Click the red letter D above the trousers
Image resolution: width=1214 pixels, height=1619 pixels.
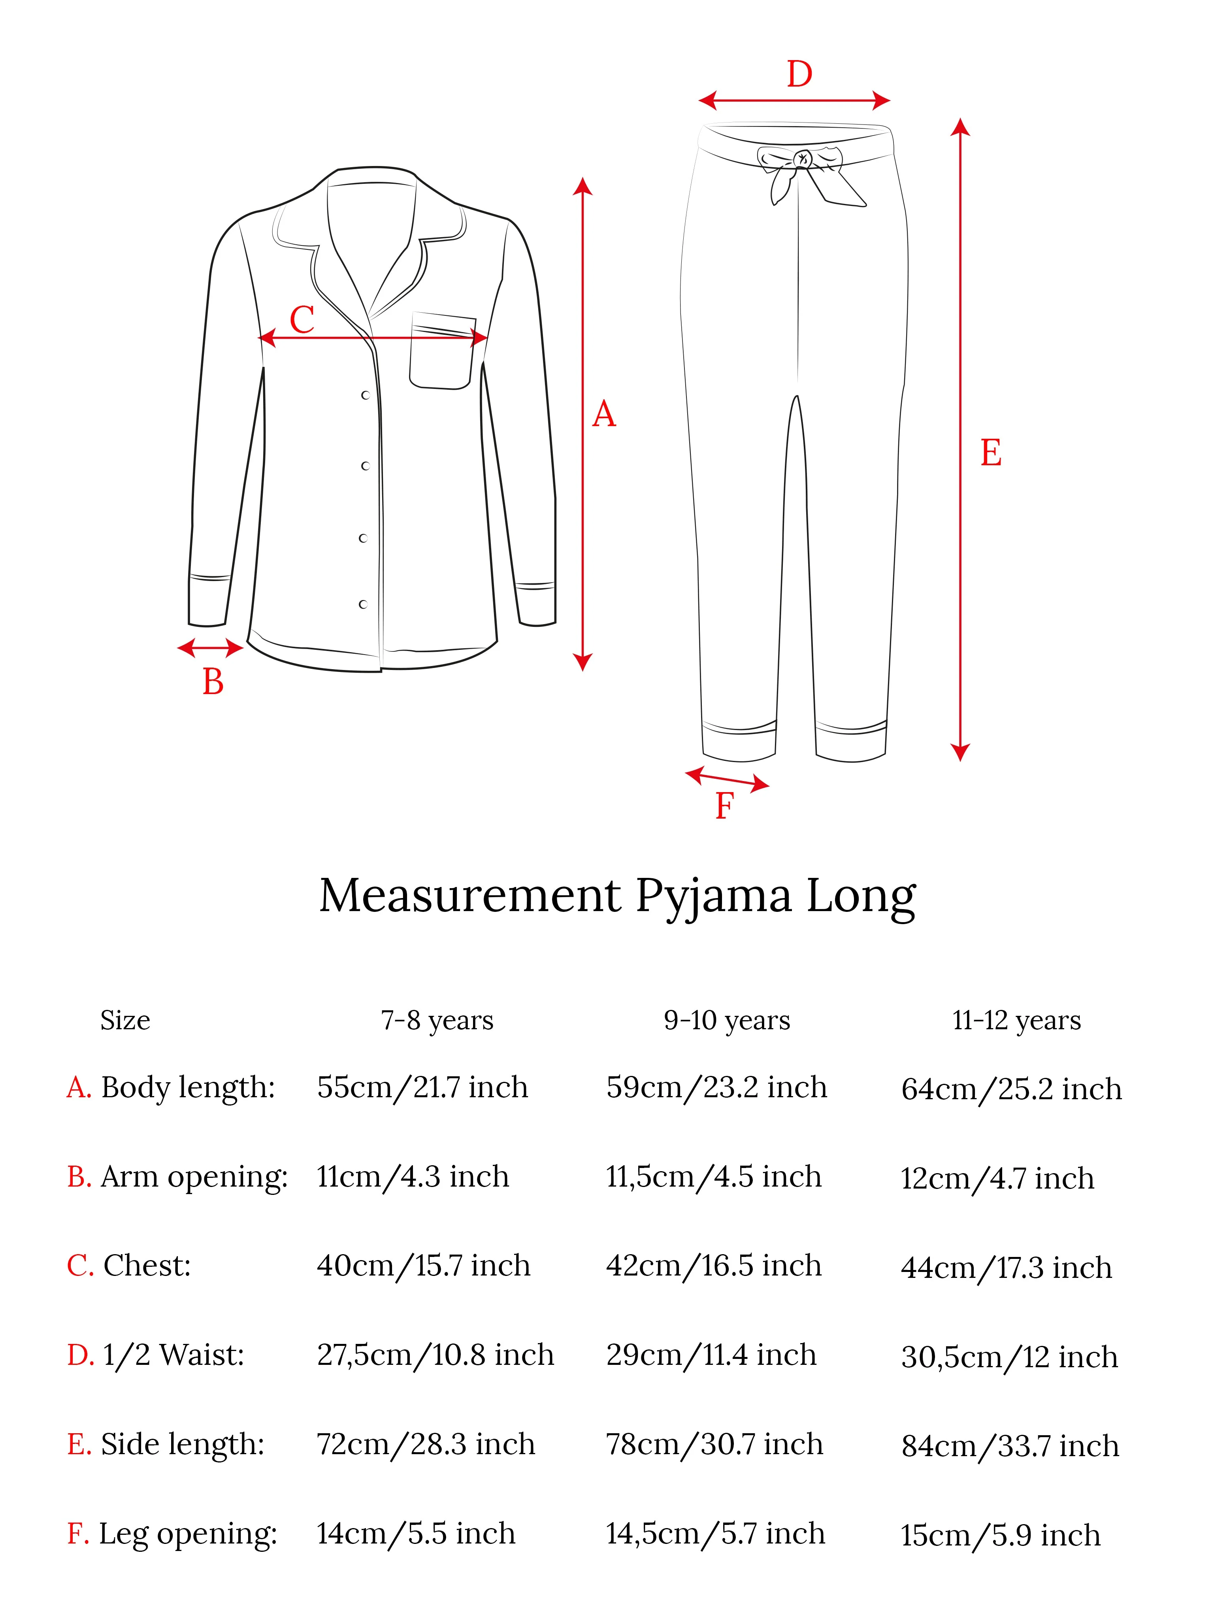[x=799, y=75]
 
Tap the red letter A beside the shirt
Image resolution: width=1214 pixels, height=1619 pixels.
[x=604, y=415]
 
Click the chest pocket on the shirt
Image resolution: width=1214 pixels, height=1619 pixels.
[x=441, y=351]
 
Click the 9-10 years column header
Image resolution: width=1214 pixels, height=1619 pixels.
[x=727, y=1020]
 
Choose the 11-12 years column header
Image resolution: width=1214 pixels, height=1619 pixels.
[x=1016, y=1020]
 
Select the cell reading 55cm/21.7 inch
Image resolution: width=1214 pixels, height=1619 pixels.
[x=422, y=1088]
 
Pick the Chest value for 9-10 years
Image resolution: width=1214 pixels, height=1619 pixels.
[x=713, y=1266]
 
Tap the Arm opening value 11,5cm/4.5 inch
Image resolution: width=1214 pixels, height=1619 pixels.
[x=713, y=1177]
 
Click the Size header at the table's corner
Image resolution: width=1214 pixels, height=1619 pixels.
[x=125, y=1020]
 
